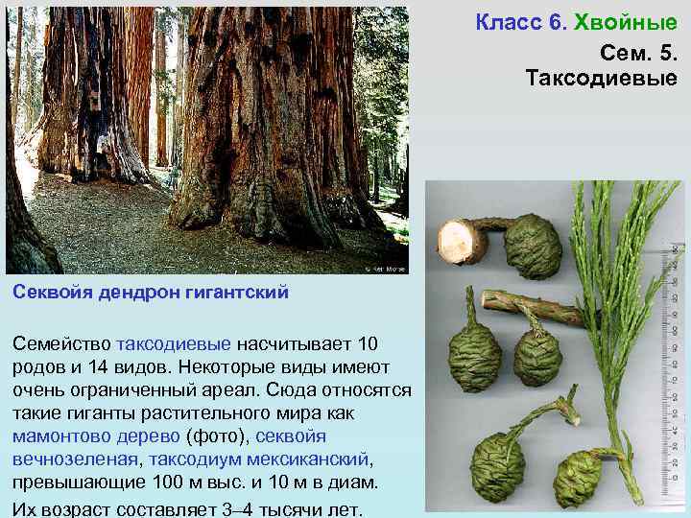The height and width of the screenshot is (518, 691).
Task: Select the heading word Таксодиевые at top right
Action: (601, 78)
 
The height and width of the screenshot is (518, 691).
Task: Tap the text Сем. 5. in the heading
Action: (638, 50)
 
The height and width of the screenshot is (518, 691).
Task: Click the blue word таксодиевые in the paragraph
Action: (173, 342)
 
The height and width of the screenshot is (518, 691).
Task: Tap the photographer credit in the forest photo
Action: (387, 269)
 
